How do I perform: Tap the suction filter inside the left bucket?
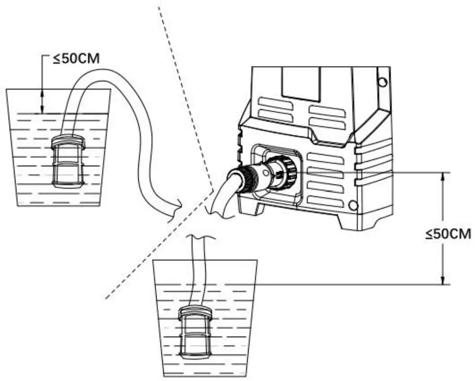pos(68,161)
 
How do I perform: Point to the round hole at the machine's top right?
pos(382,82)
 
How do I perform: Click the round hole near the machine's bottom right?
pos(353,206)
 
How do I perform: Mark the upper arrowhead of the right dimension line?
pos(443,176)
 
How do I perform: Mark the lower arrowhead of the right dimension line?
pos(443,280)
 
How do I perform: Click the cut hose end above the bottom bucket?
pos(198,237)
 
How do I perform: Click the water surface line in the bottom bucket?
pos(205,284)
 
